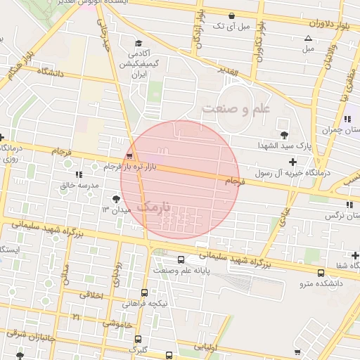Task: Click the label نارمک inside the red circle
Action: click(155, 207)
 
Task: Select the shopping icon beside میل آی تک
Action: click(231, 15)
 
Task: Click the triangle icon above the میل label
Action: click(307, 38)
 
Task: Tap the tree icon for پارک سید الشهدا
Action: click(284, 134)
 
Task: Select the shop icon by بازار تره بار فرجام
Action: click(129, 157)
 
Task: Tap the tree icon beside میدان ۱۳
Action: click(116, 199)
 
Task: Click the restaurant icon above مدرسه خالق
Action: click(79, 174)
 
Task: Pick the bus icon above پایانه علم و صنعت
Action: click(181, 259)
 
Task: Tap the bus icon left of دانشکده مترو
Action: click(321, 273)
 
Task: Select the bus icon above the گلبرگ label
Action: click(137, 338)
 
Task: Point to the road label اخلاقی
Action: click(92, 295)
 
